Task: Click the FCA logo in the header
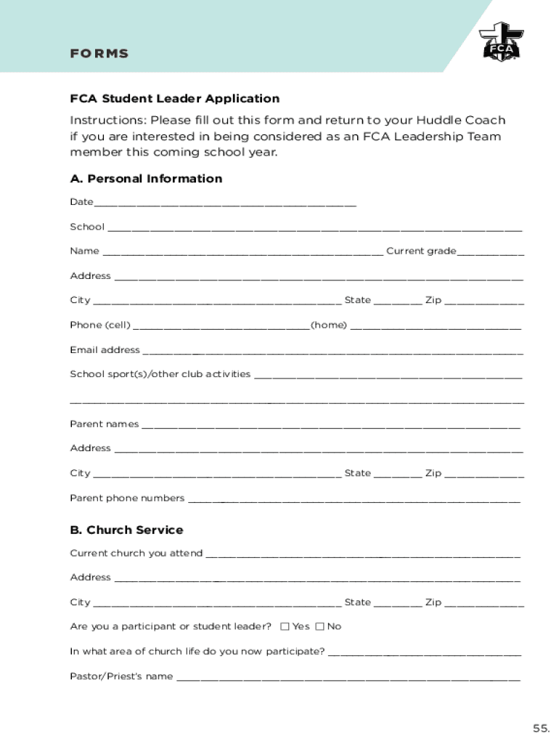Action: pyautogui.click(x=499, y=41)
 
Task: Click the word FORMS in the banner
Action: pyautogui.click(x=99, y=54)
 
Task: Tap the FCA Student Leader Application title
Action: pyautogui.click(x=174, y=99)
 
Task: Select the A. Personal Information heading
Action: pyautogui.click(x=146, y=179)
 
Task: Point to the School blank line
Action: pyautogui.click(x=315, y=229)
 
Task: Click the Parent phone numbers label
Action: pyautogui.click(x=127, y=498)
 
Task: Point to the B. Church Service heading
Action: pyautogui.click(x=126, y=530)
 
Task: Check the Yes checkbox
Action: pyautogui.click(x=285, y=626)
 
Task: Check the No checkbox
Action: pyautogui.click(x=320, y=626)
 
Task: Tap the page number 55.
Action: pyautogui.click(x=541, y=728)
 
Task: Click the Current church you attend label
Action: pyautogui.click(x=136, y=554)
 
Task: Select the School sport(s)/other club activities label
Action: pyautogui.click(x=160, y=374)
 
